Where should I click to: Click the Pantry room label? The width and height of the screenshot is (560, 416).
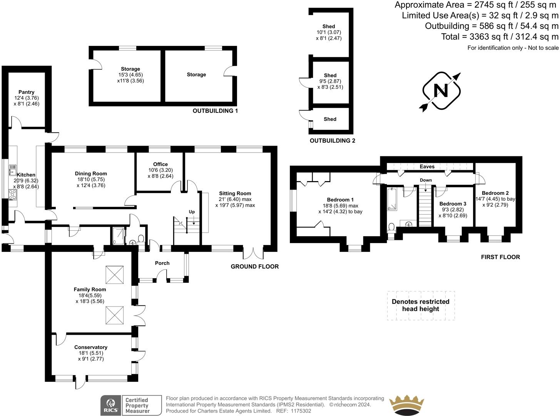pyautogui.click(x=26, y=92)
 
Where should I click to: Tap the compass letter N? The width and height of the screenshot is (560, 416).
pyautogui.click(x=441, y=91)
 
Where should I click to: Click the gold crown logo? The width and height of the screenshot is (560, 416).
pyautogui.click(x=407, y=405)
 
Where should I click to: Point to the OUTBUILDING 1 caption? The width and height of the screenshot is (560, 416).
pyautogui.click(x=215, y=111)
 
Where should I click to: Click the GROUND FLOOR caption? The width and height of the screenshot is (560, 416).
pyautogui.click(x=254, y=267)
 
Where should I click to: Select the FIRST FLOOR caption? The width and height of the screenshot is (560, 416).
pyautogui.click(x=500, y=257)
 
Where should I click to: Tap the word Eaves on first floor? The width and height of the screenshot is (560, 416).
pyautogui.click(x=427, y=167)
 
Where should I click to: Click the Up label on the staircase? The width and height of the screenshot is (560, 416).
pyautogui.click(x=192, y=212)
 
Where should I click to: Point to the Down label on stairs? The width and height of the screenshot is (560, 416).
pyautogui.click(x=426, y=180)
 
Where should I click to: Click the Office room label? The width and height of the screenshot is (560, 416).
pyautogui.click(x=160, y=164)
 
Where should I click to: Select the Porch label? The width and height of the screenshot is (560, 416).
pyautogui.click(x=162, y=263)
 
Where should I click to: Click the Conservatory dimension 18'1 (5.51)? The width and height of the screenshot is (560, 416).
pyautogui.click(x=91, y=353)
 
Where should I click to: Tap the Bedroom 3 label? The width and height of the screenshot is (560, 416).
pyautogui.click(x=453, y=204)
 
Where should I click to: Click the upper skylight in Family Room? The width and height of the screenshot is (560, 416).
pyautogui.click(x=114, y=275)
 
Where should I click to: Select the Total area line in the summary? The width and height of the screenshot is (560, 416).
pyautogui.click(x=499, y=37)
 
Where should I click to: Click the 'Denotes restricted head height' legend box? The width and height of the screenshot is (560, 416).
pyautogui.click(x=421, y=305)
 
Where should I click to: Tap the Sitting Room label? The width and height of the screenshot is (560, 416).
pyautogui.click(x=235, y=194)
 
